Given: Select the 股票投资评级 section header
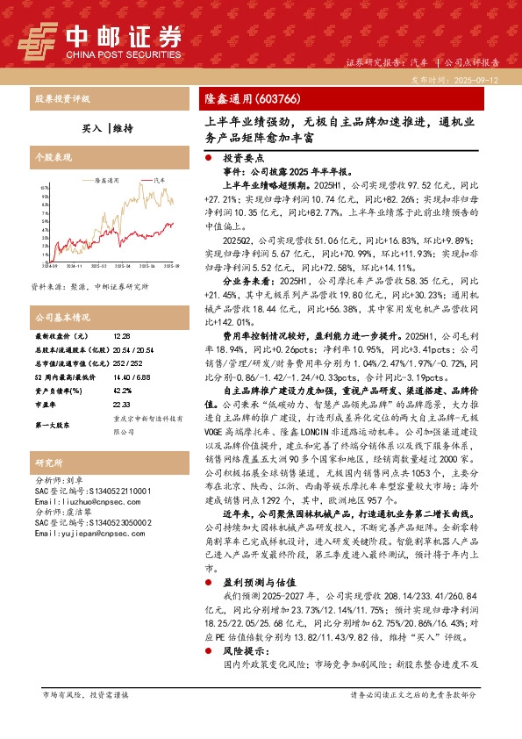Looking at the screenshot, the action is point(61,98).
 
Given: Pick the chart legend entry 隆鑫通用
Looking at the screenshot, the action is point(107,178).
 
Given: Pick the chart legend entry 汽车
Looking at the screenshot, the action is point(159,178).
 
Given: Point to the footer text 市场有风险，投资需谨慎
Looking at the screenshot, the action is point(85,719).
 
